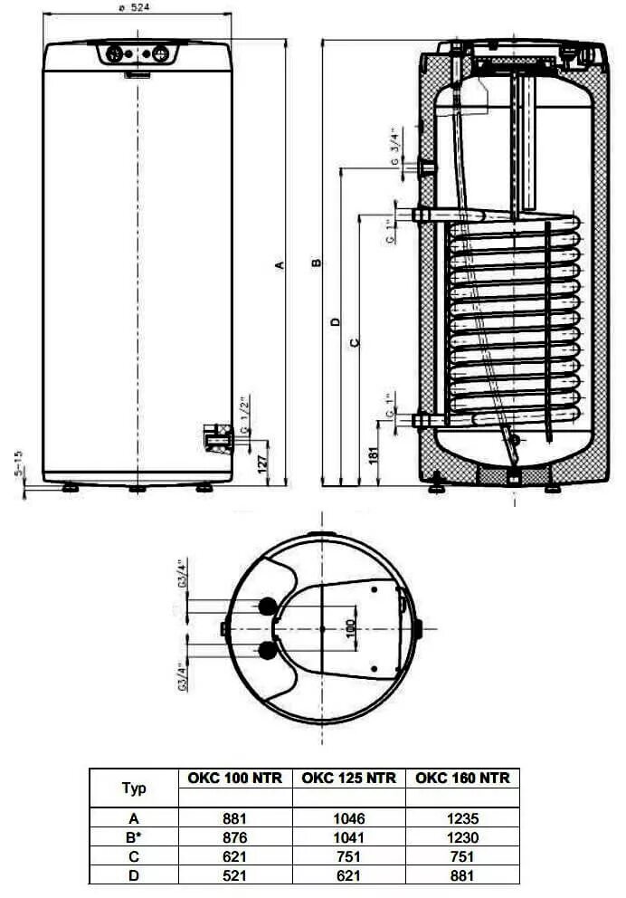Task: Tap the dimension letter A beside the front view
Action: tap(280, 264)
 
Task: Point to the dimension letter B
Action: tap(316, 263)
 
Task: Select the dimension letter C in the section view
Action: tap(354, 342)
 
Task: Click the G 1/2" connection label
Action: tap(244, 412)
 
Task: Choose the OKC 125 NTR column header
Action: tap(348, 778)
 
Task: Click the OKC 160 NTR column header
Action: tap(461, 778)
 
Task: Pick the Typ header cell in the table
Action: tap(133, 788)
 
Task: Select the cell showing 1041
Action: tap(348, 837)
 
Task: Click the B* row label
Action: tap(133, 837)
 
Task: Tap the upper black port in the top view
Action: tap(268, 606)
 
